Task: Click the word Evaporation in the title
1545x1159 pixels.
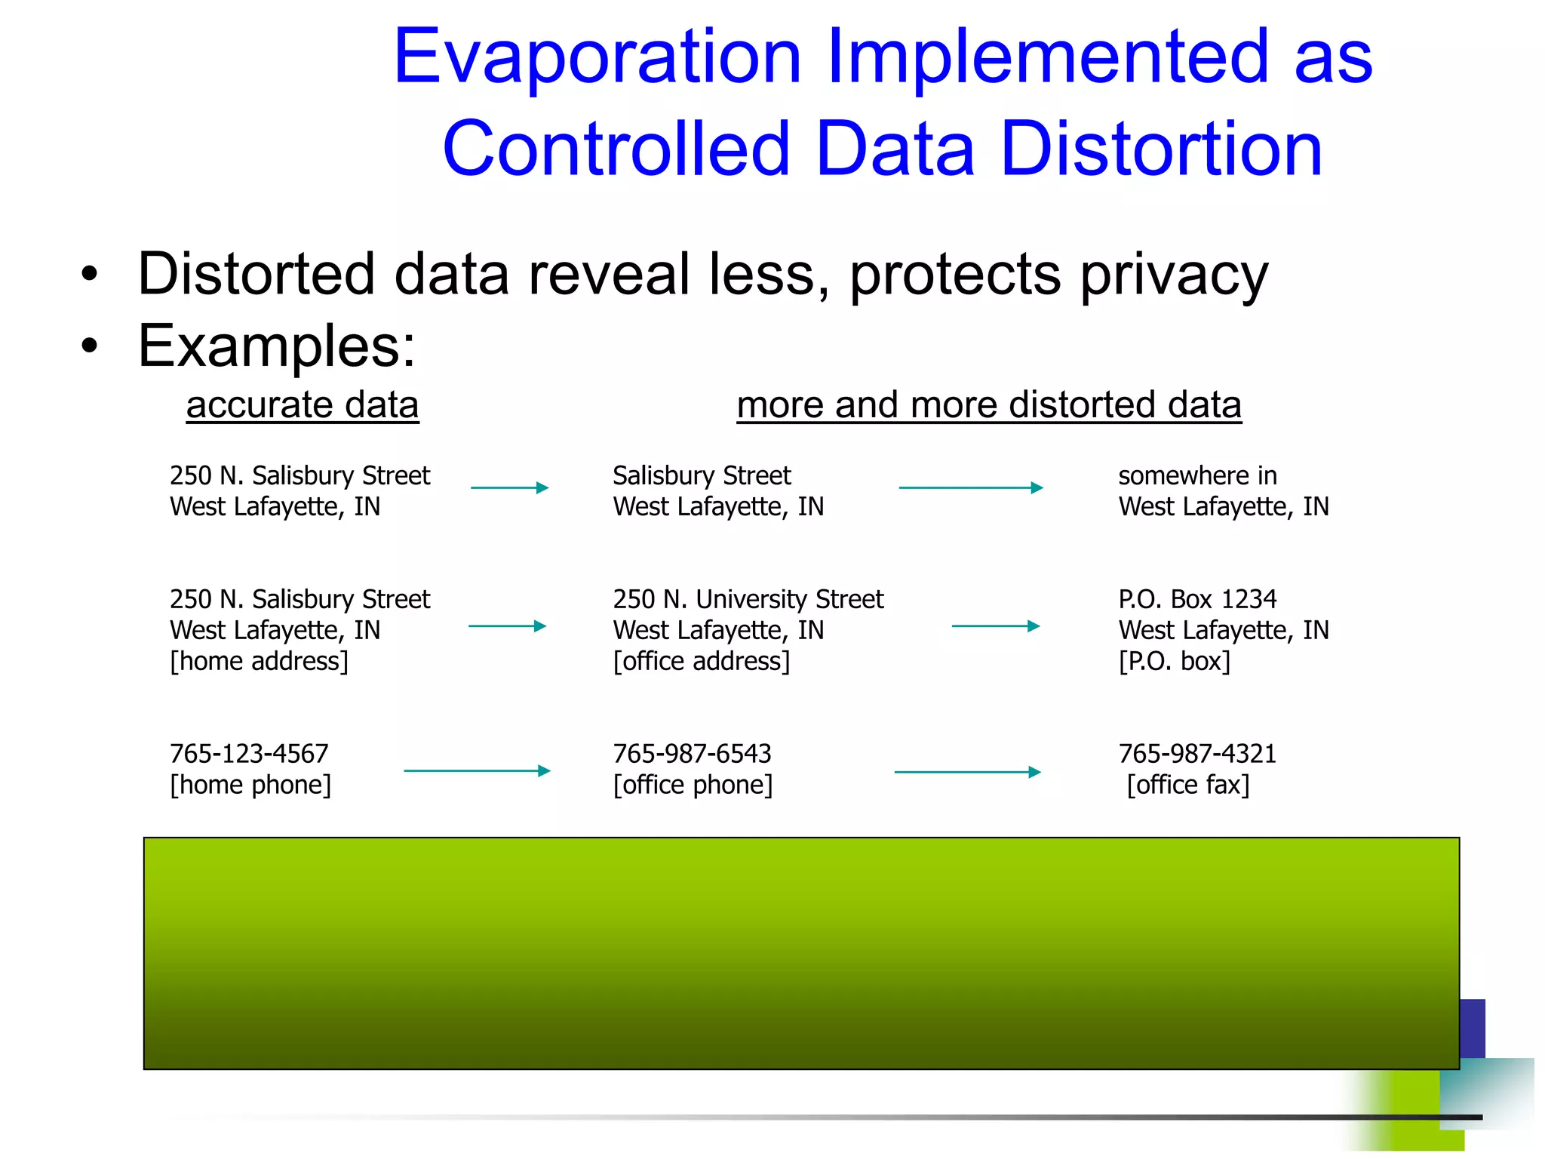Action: pos(597,57)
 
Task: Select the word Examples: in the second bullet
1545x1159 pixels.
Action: pos(276,346)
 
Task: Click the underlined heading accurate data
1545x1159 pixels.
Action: pos(303,405)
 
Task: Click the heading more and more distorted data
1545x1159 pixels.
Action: pos(988,405)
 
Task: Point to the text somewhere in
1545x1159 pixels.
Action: pos(1197,475)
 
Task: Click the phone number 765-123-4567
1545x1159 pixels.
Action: pos(249,753)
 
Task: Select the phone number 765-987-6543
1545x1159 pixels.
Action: pos(692,753)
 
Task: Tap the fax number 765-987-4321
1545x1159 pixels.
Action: pos(1197,753)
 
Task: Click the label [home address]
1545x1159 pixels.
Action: pos(259,661)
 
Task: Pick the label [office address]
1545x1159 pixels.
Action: pos(702,661)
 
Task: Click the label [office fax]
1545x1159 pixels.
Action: pos(1188,785)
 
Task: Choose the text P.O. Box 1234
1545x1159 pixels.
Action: pos(1197,599)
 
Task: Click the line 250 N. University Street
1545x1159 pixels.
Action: pos(748,599)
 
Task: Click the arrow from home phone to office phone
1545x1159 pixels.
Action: pos(477,770)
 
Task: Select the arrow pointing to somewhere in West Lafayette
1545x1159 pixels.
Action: pos(971,487)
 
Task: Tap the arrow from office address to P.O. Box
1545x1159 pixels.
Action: pos(996,626)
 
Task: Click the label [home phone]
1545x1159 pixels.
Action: pos(250,785)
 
